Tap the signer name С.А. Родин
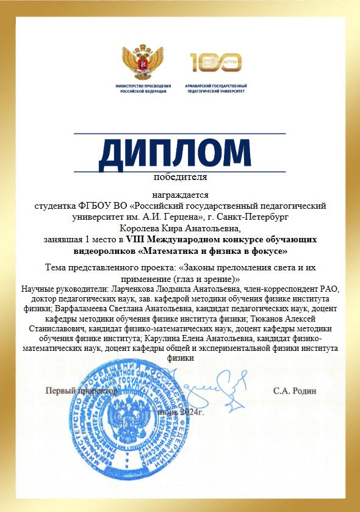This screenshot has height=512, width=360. point(295,391)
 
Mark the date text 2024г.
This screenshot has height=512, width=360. point(192,413)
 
